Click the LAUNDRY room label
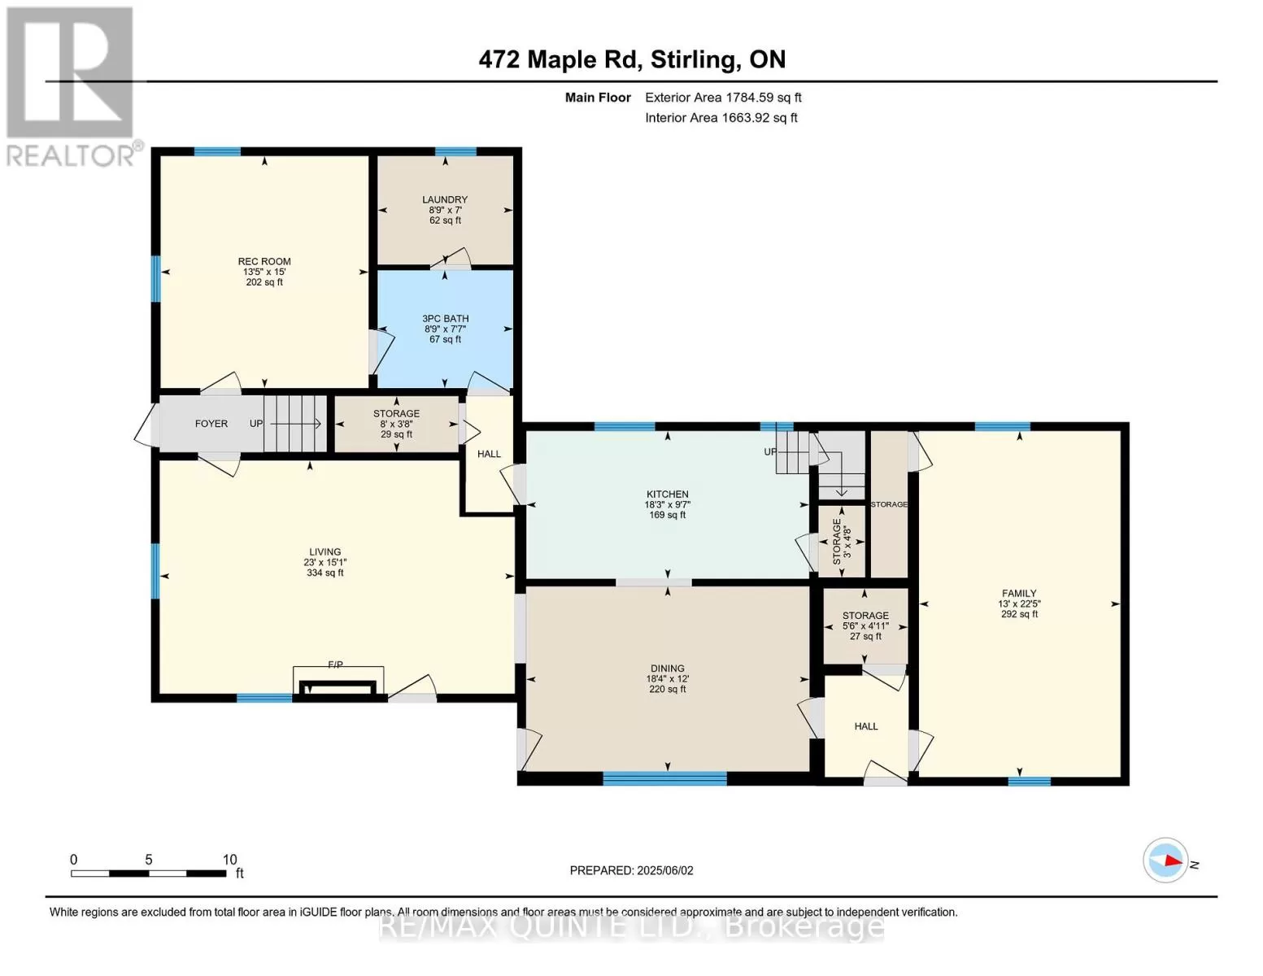(x=445, y=199)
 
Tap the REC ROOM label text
(x=264, y=262)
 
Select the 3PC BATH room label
(x=445, y=319)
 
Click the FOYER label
(x=211, y=424)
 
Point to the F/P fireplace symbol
(x=338, y=680)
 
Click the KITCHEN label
(x=667, y=495)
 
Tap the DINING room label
(x=667, y=669)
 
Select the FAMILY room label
(x=1019, y=594)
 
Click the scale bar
(x=148, y=874)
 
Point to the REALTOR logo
(x=71, y=87)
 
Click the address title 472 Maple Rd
(x=559, y=60)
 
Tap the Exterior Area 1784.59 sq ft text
(x=723, y=98)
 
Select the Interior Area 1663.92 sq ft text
(x=721, y=118)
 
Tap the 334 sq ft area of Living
(x=325, y=573)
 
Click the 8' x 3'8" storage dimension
(x=396, y=425)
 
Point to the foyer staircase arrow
(x=295, y=425)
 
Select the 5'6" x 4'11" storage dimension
(x=865, y=626)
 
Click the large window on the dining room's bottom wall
(x=665, y=778)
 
